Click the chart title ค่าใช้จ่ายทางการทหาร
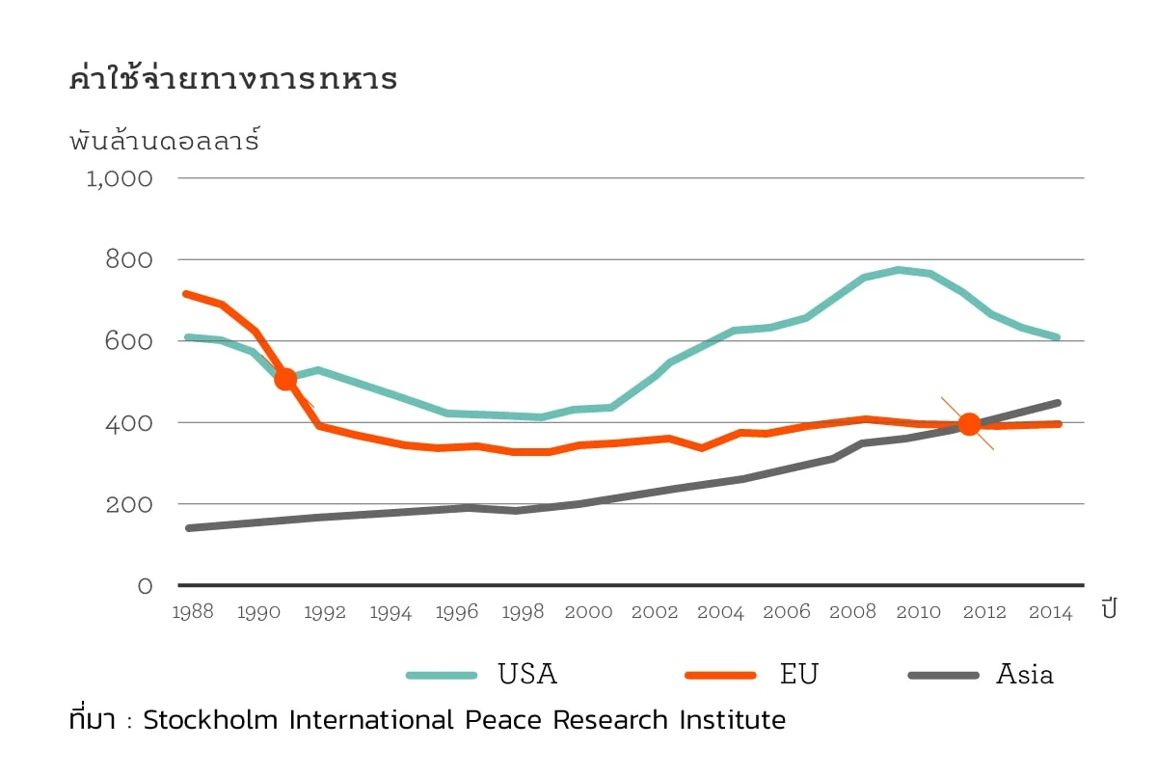[x=233, y=80]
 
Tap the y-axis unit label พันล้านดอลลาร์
[x=165, y=141]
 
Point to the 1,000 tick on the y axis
[x=120, y=179]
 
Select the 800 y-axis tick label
[x=128, y=260]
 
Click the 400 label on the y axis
[x=128, y=423]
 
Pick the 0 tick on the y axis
[x=145, y=586]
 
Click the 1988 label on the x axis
[x=193, y=613]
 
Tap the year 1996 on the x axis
[x=457, y=613]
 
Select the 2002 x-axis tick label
[x=655, y=613]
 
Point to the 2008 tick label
[x=852, y=613]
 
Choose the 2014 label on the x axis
[x=1050, y=613]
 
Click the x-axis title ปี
[x=1109, y=609]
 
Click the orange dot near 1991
[x=285, y=379]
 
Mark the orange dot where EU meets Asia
[x=969, y=423]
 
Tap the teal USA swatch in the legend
[x=442, y=675]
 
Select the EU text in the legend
[x=798, y=675]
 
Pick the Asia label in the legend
[x=1024, y=675]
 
